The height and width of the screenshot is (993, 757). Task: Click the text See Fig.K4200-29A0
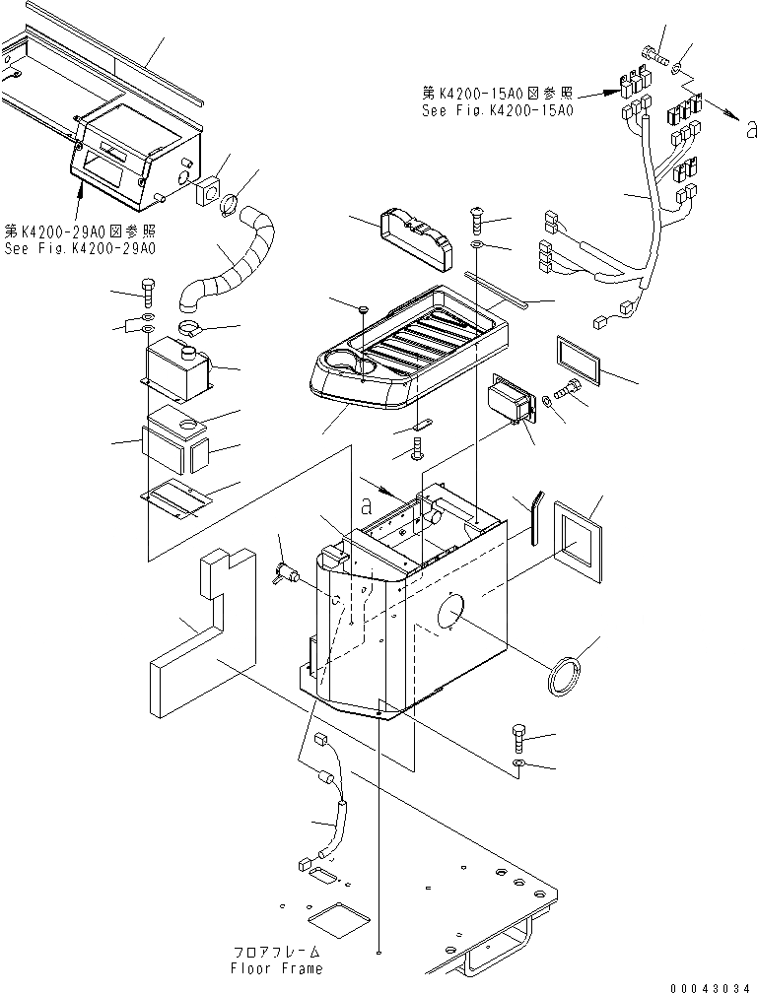click(79, 248)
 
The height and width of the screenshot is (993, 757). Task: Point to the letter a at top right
click(750, 128)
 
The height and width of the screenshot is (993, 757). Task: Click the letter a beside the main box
click(368, 508)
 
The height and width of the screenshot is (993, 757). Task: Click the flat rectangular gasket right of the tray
click(581, 357)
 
